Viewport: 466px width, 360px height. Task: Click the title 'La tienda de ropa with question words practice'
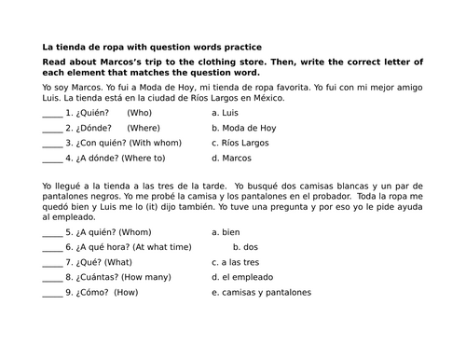click(x=152, y=46)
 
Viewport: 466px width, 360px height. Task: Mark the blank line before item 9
click(x=52, y=293)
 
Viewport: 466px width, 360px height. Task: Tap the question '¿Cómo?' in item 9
click(x=95, y=293)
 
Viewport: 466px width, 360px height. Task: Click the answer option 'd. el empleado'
click(x=247, y=278)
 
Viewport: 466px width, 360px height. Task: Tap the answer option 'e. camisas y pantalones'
click(x=267, y=293)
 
